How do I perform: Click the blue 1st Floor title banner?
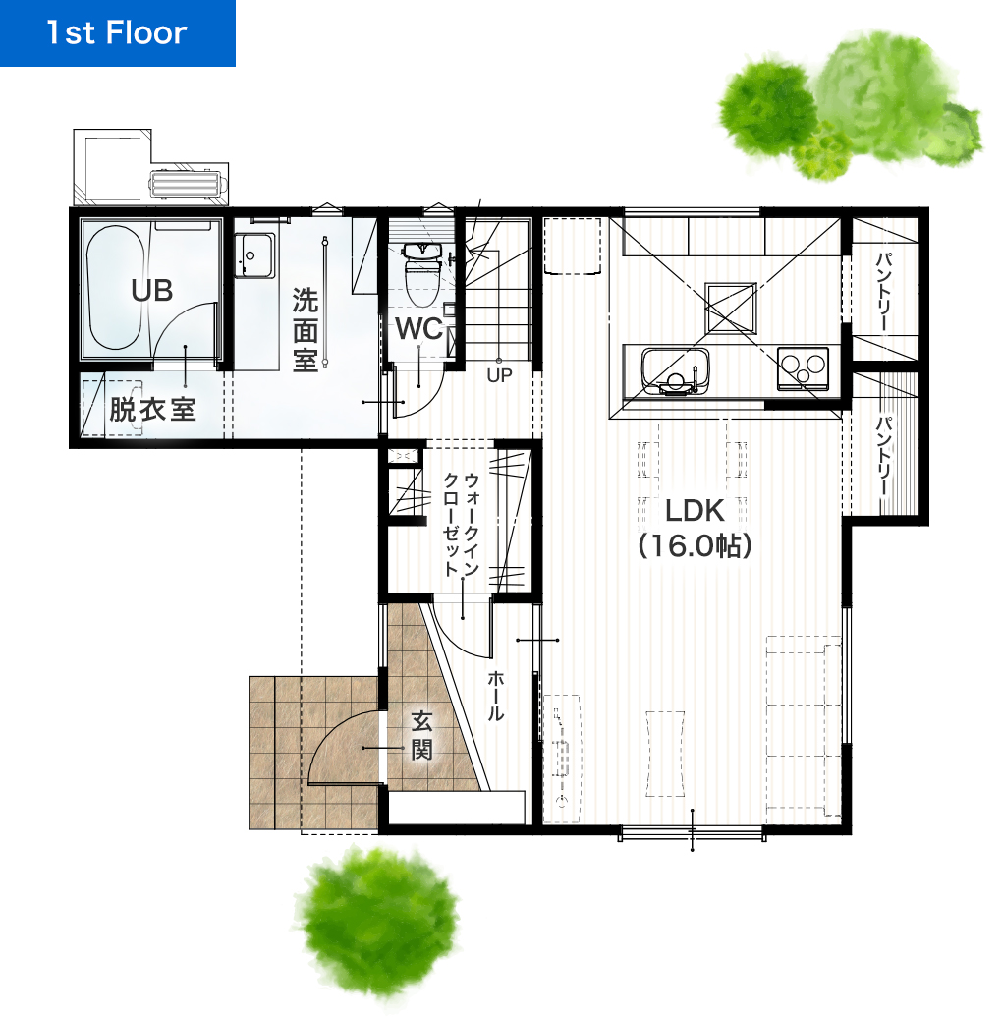(x=117, y=33)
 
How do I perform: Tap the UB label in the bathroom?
(x=151, y=291)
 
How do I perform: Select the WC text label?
(x=418, y=329)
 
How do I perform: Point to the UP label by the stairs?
(x=499, y=375)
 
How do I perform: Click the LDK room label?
(x=695, y=511)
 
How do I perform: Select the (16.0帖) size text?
(x=695, y=546)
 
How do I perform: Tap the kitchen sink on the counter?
(x=675, y=371)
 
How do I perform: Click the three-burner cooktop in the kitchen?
(x=803, y=368)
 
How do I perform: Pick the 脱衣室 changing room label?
(x=152, y=410)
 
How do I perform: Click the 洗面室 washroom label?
(x=305, y=330)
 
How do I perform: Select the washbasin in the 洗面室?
(x=254, y=255)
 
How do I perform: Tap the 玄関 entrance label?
(x=421, y=736)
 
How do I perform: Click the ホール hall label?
(x=496, y=696)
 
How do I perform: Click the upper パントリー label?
(x=885, y=293)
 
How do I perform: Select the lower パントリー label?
(x=885, y=457)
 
